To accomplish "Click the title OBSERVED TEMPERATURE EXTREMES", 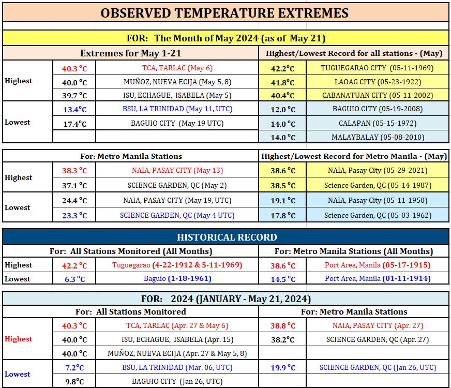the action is (224, 13).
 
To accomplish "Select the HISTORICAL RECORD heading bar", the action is (226, 237).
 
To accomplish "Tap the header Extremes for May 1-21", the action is (131, 53).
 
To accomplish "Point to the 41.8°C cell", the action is (283, 83).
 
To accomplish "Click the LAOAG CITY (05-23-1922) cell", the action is (378, 82).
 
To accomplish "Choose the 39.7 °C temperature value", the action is (74, 96).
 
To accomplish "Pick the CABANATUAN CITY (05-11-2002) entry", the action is (378, 95).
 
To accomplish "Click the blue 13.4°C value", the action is (75, 109).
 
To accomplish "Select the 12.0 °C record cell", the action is (283, 109).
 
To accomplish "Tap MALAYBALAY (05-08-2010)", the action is (378, 137).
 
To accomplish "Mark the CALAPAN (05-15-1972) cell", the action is (378, 124).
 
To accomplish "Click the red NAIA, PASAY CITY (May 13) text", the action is (177, 170).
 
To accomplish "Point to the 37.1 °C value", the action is (74, 186).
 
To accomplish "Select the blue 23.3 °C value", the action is (74, 215).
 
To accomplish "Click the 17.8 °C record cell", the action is (283, 215).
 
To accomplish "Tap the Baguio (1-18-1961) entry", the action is (177, 278).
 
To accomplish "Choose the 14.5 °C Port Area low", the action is (283, 279).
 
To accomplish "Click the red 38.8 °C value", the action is (283, 326).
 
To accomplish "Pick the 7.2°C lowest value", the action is (74, 368).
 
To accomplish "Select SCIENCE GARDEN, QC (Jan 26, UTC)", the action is (378, 367).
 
